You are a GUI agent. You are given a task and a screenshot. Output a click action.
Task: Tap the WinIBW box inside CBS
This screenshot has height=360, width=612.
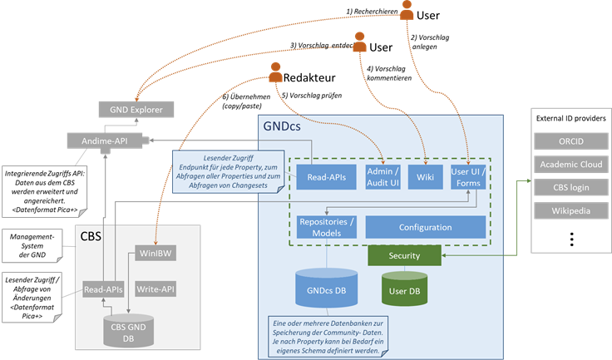(x=156, y=253)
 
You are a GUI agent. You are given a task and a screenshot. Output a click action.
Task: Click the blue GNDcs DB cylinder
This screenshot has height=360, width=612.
(x=327, y=288)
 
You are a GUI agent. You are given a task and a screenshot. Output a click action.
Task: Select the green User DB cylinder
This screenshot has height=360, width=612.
(x=405, y=291)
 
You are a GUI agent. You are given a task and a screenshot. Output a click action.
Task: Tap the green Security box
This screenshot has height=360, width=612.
(x=405, y=255)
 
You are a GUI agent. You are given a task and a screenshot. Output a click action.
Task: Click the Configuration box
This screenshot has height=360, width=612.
(x=425, y=227)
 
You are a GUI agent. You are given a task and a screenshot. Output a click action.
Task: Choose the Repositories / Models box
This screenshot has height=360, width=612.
(x=327, y=227)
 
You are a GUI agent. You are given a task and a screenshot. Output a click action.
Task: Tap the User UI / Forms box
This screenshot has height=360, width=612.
(x=469, y=177)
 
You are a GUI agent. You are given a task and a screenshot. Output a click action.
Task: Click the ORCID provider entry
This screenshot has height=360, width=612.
(x=570, y=143)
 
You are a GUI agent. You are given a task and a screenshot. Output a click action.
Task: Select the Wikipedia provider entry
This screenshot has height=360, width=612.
(x=570, y=210)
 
